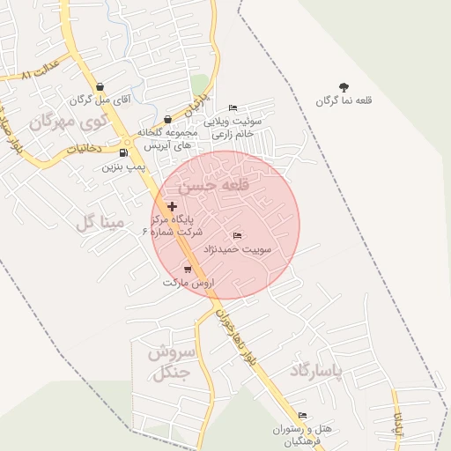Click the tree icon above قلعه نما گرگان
click(x=344, y=87)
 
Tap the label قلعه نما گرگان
click(x=344, y=101)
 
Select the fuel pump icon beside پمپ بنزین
click(x=122, y=152)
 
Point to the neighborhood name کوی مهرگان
click(x=66, y=122)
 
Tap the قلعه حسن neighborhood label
click(x=214, y=187)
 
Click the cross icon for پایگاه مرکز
click(x=171, y=206)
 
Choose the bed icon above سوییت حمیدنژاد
click(x=236, y=236)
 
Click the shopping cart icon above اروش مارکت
click(x=188, y=270)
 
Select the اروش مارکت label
click(x=184, y=283)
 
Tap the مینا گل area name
click(x=101, y=223)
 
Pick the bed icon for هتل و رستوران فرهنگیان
click(x=302, y=415)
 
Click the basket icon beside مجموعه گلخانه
click(x=168, y=119)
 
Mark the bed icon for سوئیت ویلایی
click(x=233, y=107)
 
